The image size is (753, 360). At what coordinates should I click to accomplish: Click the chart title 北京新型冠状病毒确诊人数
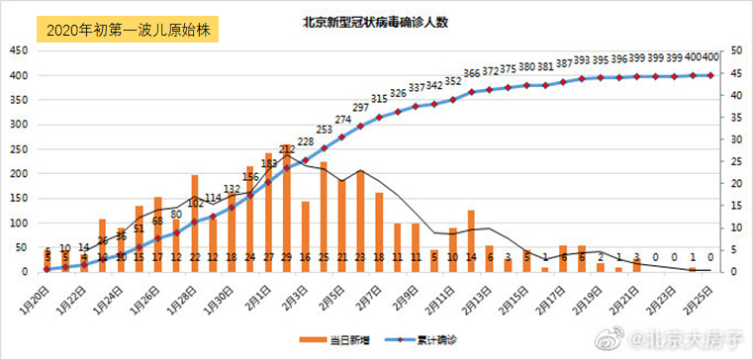tap(379, 22)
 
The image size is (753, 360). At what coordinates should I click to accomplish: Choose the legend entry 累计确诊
tap(435, 340)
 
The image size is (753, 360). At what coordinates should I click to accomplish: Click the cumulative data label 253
tap(325, 130)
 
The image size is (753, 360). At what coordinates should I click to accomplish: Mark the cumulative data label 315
tap(379, 99)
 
